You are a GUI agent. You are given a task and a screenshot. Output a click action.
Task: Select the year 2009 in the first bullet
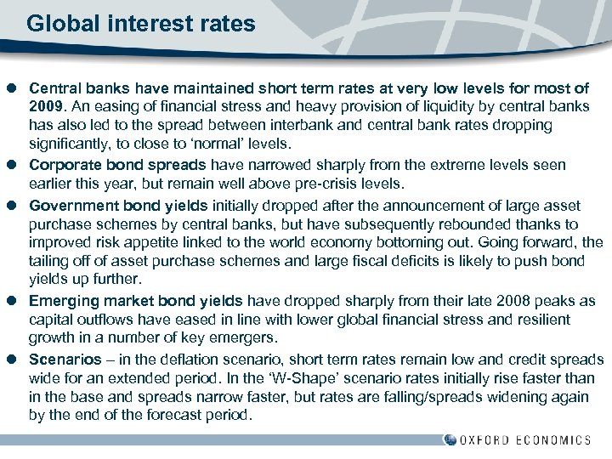(45, 106)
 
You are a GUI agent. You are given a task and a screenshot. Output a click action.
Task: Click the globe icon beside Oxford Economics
(450, 439)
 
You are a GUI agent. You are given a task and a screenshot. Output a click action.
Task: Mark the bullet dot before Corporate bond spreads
(14, 164)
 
